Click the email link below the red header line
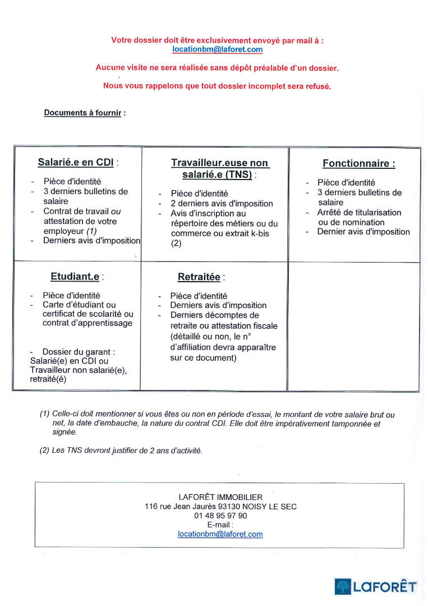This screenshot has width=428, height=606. point(217,49)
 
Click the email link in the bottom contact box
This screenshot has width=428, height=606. point(220,534)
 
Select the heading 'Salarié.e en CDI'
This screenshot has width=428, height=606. point(76,163)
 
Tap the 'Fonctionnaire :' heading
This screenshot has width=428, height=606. point(358,164)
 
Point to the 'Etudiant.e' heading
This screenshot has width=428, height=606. point(75,277)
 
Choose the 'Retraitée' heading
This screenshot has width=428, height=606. point(199,277)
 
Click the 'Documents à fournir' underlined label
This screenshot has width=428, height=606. point(82,113)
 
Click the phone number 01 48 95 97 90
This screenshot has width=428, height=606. point(220,515)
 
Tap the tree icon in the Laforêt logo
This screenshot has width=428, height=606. point(342,587)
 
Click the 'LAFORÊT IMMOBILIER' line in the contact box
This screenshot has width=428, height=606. point(220,497)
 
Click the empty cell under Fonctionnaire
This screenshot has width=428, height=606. point(353,325)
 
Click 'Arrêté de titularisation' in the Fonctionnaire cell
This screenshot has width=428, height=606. point(359,213)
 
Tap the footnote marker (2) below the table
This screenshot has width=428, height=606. point(44,451)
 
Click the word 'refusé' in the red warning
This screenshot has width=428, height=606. point(316,86)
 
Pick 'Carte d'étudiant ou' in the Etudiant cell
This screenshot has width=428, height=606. point(79,305)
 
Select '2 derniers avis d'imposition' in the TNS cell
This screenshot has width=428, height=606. point(222,204)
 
